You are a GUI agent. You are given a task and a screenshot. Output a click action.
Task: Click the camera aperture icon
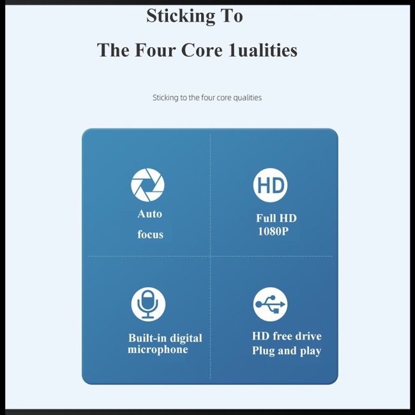pyautogui.click(x=147, y=185)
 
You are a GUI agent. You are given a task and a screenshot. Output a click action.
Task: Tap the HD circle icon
pyautogui.click(x=270, y=185)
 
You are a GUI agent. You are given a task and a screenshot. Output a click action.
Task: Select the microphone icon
pyautogui.click(x=148, y=304)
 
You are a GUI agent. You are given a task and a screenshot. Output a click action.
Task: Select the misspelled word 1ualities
pyautogui.click(x=262, y=50)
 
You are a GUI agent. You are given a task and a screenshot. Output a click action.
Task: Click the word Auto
pyautogui.click(x=149, y=214)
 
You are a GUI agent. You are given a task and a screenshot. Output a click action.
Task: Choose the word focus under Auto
pyautogui.click(x=150, y=234)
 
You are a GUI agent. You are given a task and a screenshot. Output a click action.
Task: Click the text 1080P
pyautogui.click(x=273, y=231)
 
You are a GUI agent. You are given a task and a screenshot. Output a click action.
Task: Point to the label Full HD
pyautogui.click(x=276, y=218)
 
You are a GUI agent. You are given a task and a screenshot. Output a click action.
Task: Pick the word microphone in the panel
pyautogui.click(x=158, y=350)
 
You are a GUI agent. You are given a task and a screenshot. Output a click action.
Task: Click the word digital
pyautogui.click(x=186, y=338)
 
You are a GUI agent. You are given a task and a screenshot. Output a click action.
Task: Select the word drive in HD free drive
pyautogui.click(x=307, y=336)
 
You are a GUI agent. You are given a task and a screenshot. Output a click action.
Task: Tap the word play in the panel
pyautogui.click(x=310, y=351)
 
